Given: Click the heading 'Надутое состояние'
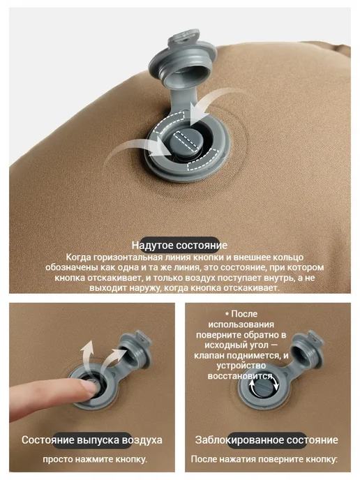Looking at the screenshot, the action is [180, 245].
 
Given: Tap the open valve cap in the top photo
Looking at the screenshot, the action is [183, 57].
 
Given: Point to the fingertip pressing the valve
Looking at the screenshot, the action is [90, 387].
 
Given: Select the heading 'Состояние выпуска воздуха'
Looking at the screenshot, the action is [92, 440].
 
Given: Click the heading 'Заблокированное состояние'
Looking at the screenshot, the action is [267, 440].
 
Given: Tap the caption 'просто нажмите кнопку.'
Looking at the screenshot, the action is [95, 459].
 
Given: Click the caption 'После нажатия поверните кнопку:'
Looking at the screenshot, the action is [264, 459].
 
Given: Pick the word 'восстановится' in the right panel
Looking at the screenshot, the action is [240, 375].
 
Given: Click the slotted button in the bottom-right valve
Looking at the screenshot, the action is [263, 388].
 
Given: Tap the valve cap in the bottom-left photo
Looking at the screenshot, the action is [135, 350].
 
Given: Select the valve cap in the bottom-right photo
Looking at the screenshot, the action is [307, 350].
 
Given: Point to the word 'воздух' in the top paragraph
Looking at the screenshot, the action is [229, 278].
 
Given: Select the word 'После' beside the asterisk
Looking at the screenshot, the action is [244, 314].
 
